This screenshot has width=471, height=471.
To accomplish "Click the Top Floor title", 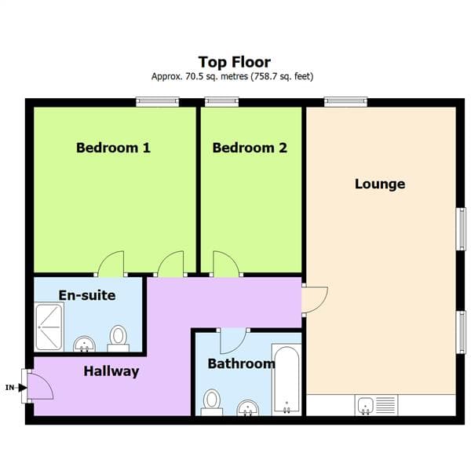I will pyautogui.click(x=235, y=61).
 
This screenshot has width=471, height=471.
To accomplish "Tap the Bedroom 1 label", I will pyautogui.click(x=113, y=148).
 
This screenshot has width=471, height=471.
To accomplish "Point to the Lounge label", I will pyautogui.click(x=380, y=184).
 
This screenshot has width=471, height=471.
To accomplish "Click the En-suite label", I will pyautogui.click(x=87, y=295).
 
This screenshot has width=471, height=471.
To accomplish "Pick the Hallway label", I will pyautogui.click(x=111, y=371).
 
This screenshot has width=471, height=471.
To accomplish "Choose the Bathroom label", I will pyautogui.click(x=241, y=363).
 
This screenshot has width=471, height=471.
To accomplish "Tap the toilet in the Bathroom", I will pyautogui.click(x=212, y=401).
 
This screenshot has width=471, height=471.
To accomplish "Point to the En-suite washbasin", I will pyautogui.click(x=84, y=345).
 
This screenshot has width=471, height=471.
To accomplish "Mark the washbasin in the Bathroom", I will pyautogui.click(x=248, y=408).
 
